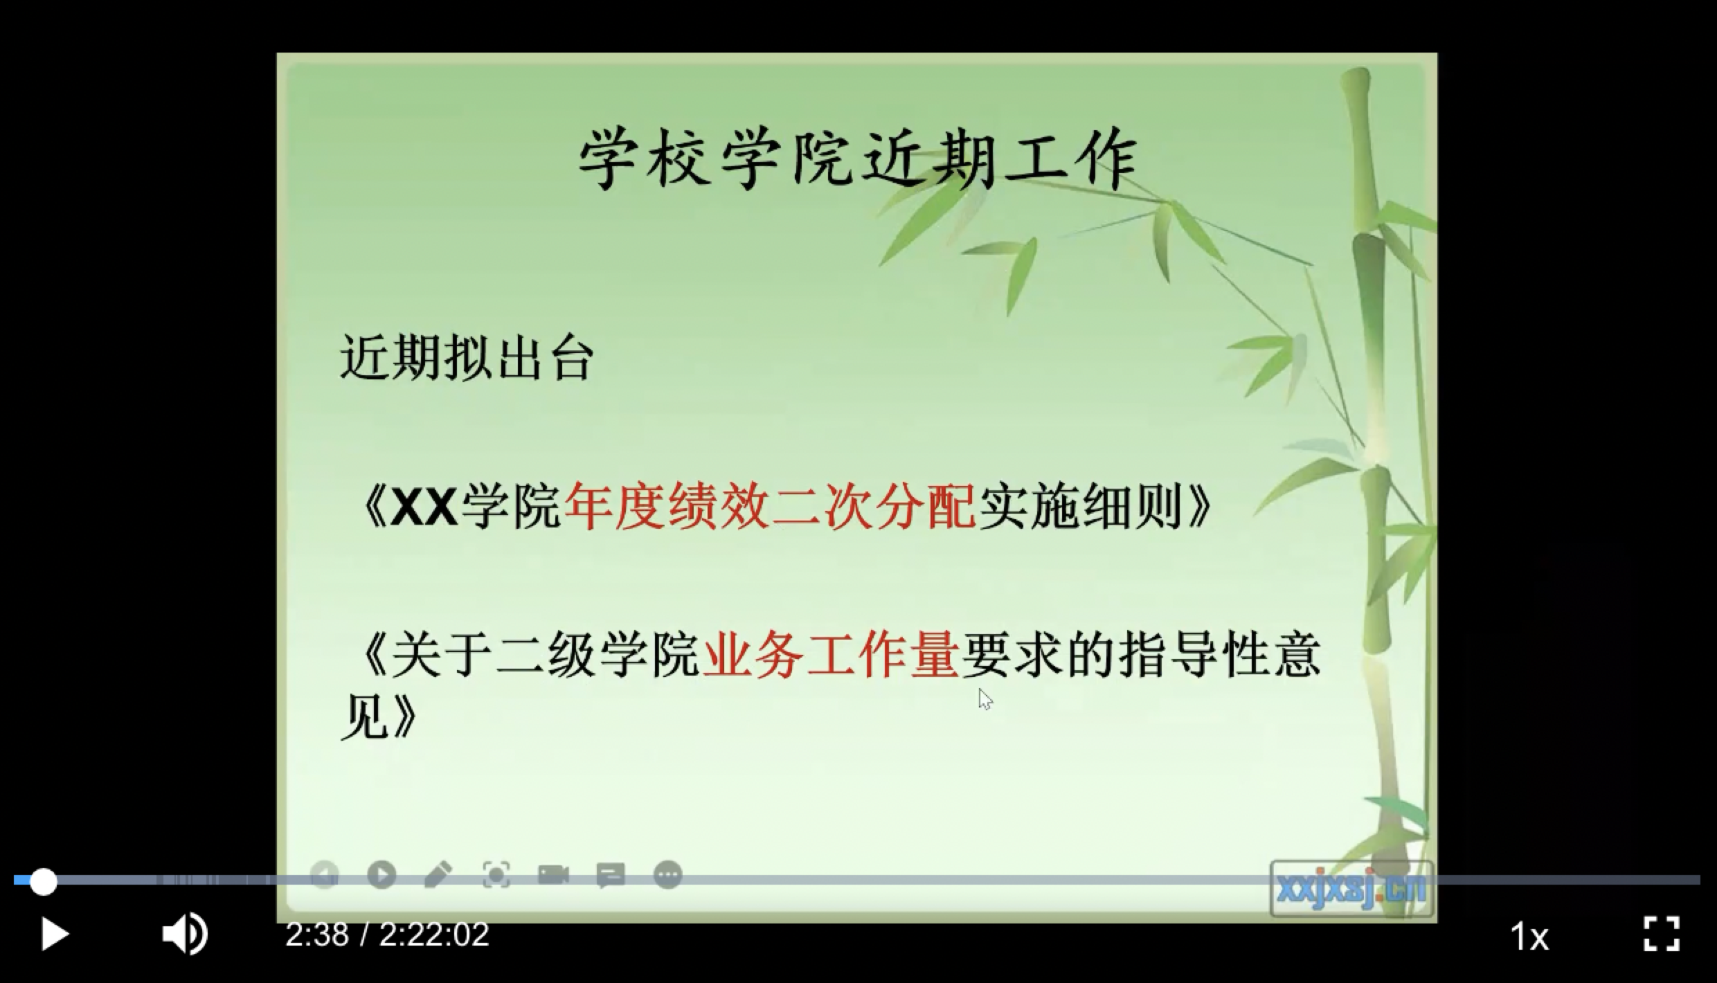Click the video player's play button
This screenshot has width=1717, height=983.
[x=55, y=935]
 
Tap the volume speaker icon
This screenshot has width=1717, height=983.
[x=185, y=934]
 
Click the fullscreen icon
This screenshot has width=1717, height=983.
[x=1662, y=934]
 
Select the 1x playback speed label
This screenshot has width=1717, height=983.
[x=1529, y=937]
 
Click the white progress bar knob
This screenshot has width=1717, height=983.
[x=43, y=882]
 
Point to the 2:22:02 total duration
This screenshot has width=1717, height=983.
[x=434, y=935]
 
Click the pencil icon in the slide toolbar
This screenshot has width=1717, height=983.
[x=438, y=875]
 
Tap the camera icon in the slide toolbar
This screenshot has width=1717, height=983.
[x=553, y=875]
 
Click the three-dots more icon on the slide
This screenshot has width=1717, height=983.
[x=668, y=875]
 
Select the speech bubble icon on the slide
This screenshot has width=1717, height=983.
[x=611, y=876]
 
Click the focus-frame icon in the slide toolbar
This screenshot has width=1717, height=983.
[x=496, y=875]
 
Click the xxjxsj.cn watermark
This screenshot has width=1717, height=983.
[x=1351, y=888]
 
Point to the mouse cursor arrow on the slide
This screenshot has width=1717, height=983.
[x=986, y=699]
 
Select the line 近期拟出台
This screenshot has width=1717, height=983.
[x=467, y=358]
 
